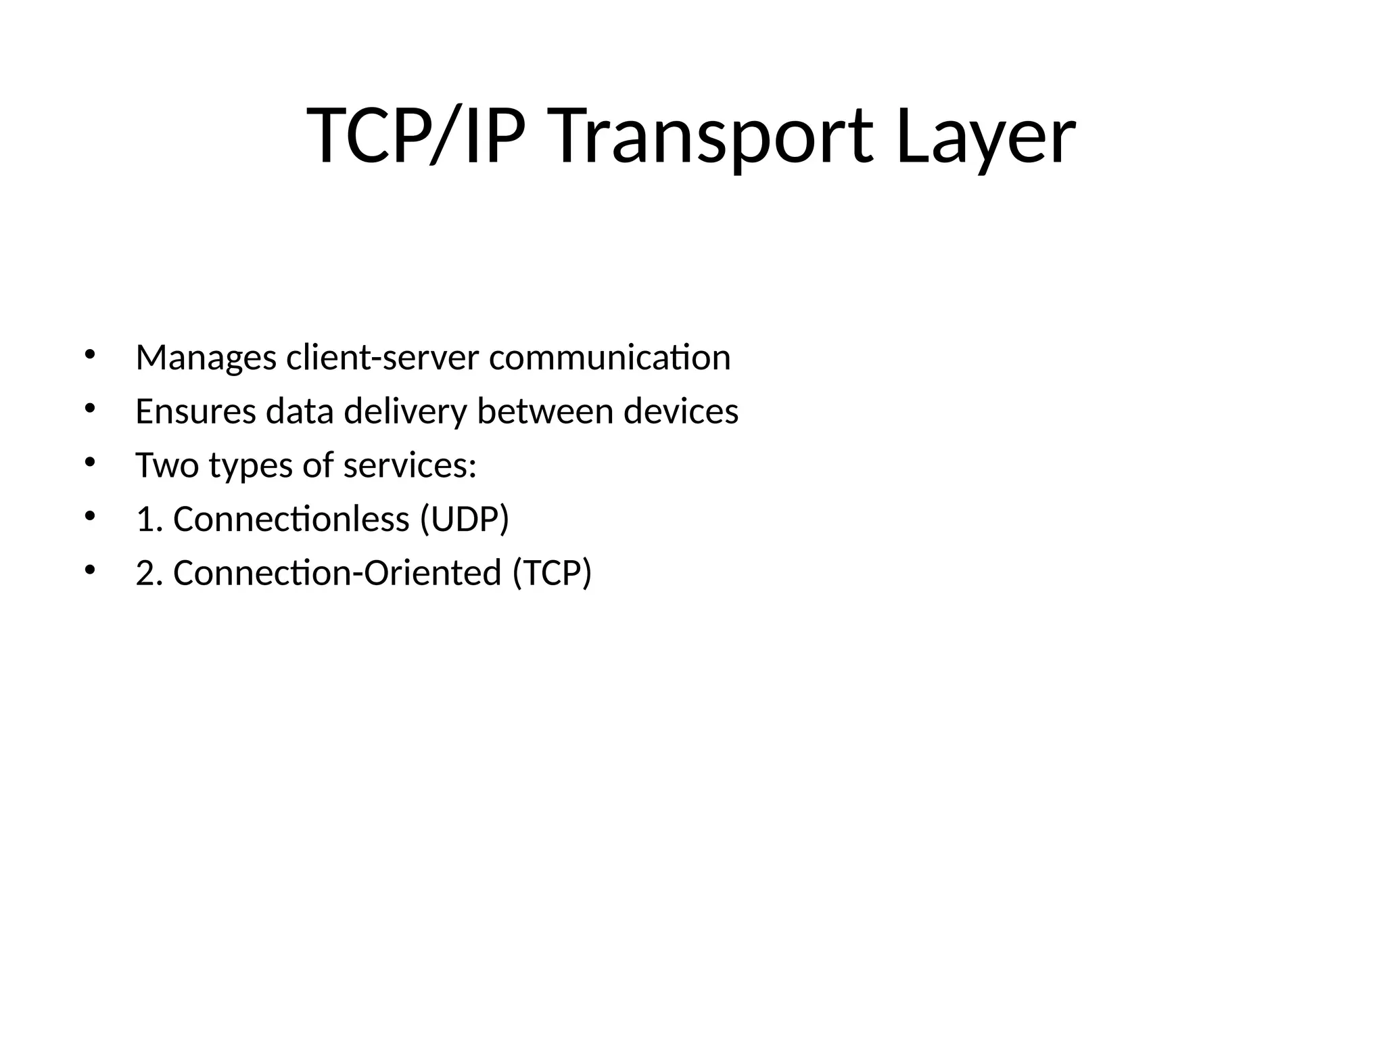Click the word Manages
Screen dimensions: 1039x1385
[206, 358]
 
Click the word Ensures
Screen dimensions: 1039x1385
[195, 411]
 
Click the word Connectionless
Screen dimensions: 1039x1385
[291, 519]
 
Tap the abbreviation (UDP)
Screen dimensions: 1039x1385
[464, 519]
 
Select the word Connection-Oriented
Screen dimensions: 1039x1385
[337, 573]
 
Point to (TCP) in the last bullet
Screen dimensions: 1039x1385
[552, 573]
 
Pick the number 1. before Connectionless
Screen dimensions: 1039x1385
[149, 519]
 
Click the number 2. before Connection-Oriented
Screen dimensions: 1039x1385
[149, 573]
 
